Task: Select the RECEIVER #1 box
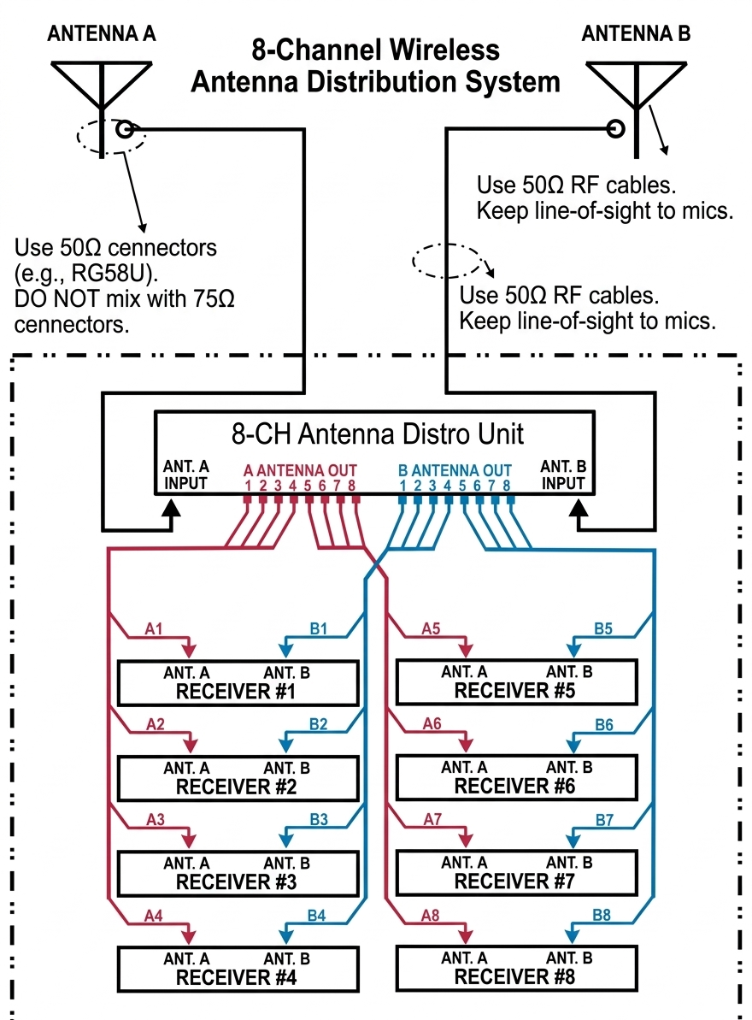[x=238, y=682]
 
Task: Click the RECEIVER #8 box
[x=515, y=967]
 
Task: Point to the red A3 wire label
[x=155, y=819]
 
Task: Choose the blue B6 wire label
[x=603, y=724]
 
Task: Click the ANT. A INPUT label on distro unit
[x=185, y=475]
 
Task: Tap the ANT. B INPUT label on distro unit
[x=562, y=475]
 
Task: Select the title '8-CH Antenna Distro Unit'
[x=378, y=433]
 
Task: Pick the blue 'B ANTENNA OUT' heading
[x=455, y=470]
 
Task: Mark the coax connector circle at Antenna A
[x=125, y=130]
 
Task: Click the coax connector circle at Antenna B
[x=615, y=130]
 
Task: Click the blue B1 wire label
[x=319, y=628]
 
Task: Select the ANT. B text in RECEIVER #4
[x=286, y=958]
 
